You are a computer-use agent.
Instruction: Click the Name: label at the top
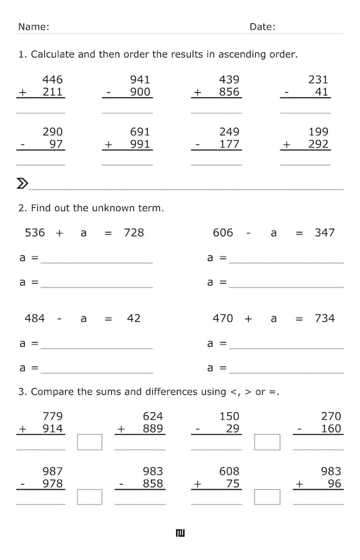(33, 27)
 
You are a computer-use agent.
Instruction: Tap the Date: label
(262, 27)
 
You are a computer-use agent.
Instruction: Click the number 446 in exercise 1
(52, 80)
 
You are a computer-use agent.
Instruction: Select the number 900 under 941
(140, 92)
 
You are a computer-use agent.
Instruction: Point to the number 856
(229, 92)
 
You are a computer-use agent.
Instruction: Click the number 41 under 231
(322, 92)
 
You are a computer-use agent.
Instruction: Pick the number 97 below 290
(57, 144)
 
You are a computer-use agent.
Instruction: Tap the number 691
(140, 132)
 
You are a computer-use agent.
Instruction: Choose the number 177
(229, 144)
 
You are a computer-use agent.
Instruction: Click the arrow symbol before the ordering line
(22, 184)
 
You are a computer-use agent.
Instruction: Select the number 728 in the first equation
(134, 233)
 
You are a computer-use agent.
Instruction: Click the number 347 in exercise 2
(325, 233)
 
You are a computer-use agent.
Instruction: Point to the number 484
(35, 319)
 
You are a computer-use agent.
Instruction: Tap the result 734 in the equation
(325, 319)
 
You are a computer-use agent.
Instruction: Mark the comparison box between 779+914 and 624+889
(90, 442)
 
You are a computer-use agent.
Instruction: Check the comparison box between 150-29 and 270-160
(267, 442)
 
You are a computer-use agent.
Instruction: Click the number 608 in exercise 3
(229, 472)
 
